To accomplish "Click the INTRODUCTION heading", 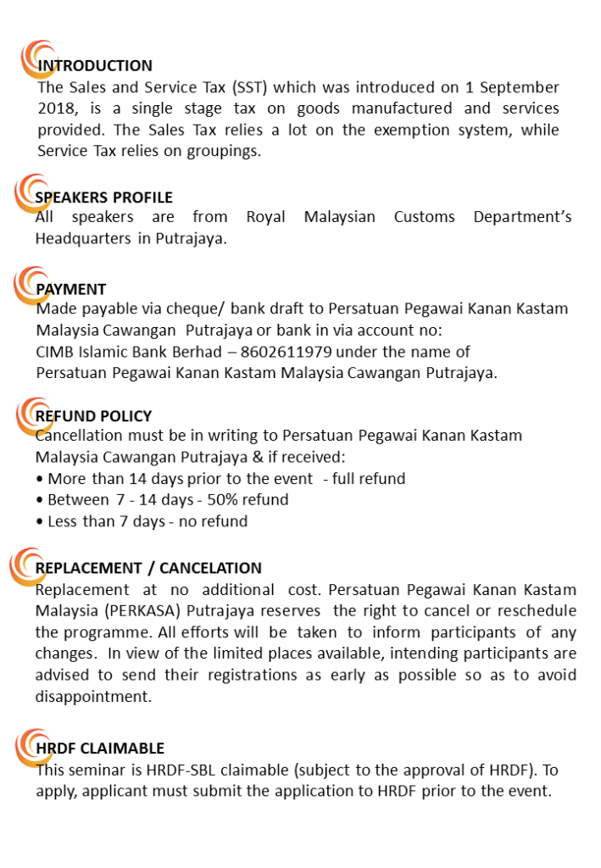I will (x=95, y=66).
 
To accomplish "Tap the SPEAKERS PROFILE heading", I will (x=103, y=198).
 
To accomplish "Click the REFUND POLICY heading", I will (x=93, y=416).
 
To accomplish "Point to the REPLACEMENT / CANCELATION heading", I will (x=148, y=568).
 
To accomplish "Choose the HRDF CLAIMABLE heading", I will (x=100, y=748).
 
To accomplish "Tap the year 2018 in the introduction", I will (x=56, y=108).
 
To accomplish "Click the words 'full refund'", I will (x=369, y=479).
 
